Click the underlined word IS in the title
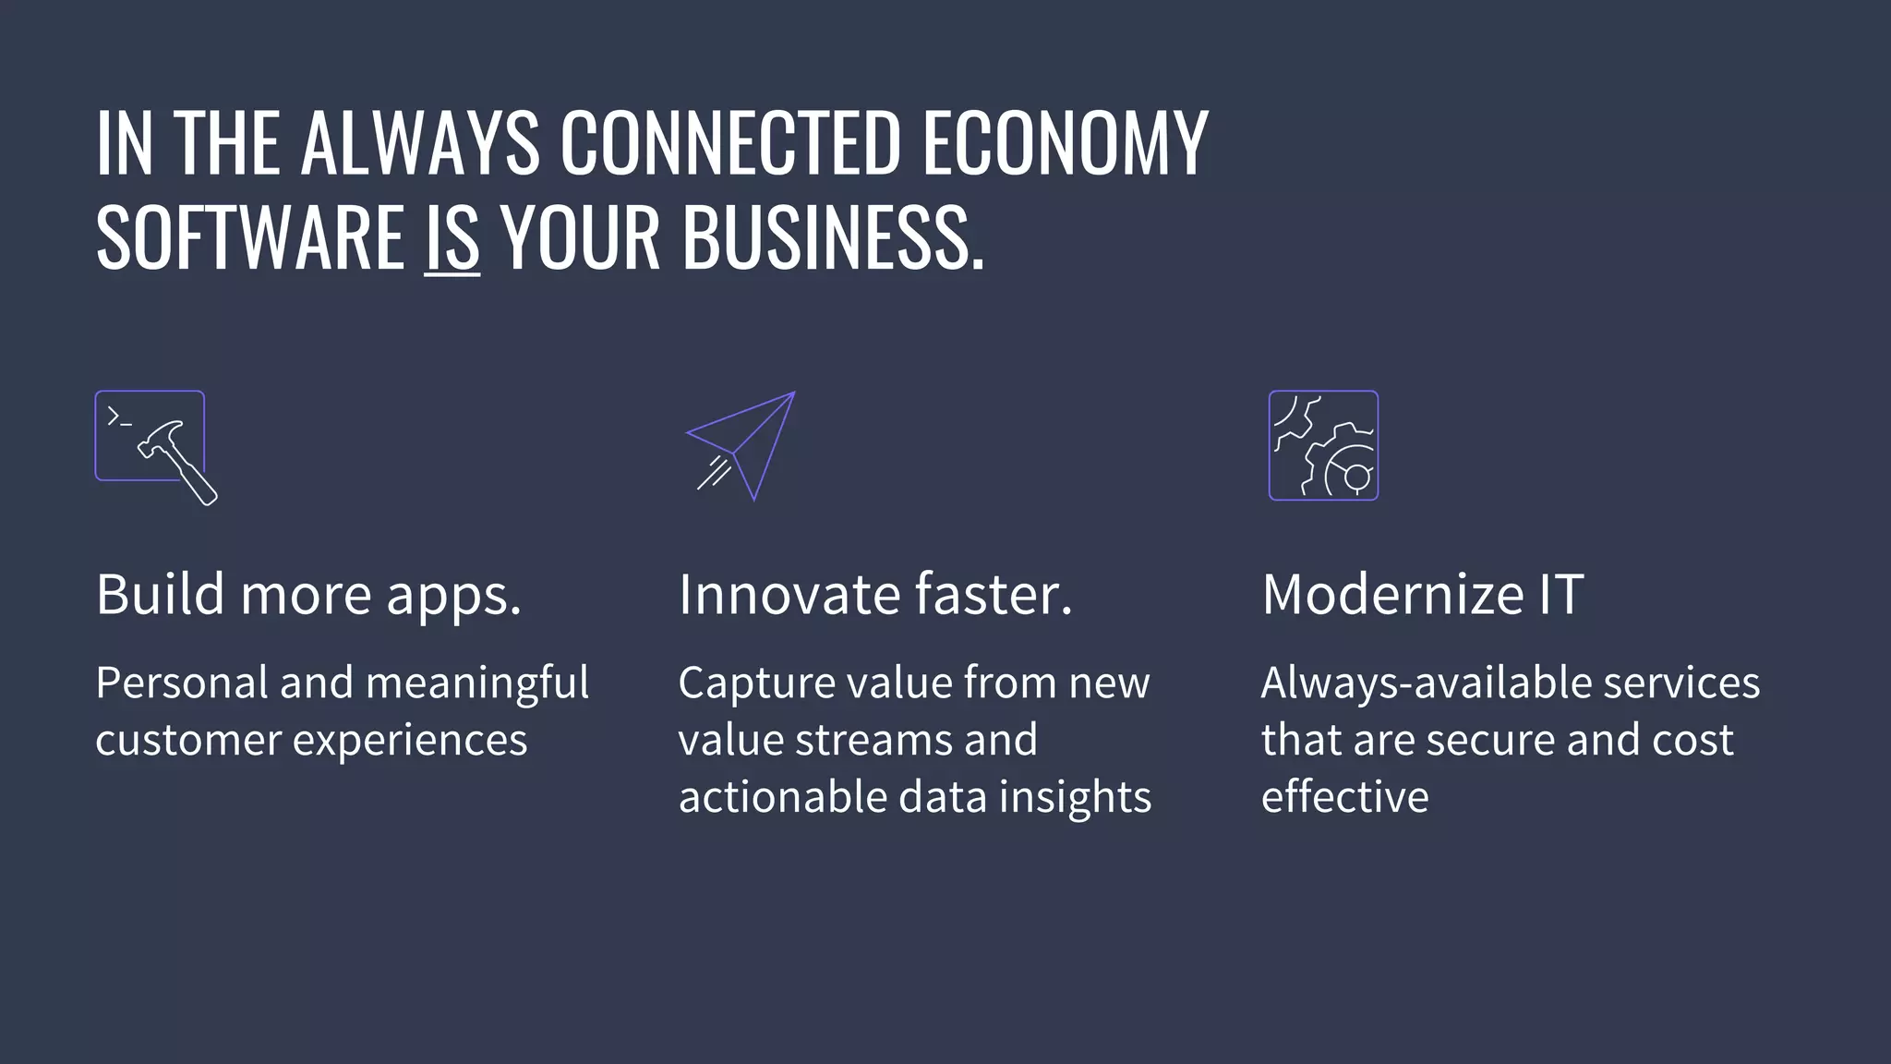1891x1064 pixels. [452, 237]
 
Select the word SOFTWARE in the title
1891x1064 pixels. [250, 237]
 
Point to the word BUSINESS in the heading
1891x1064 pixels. [825, 237]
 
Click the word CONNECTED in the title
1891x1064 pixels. [729, 143]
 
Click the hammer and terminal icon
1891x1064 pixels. [155, 446]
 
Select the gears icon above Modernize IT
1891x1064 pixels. [1323, 445]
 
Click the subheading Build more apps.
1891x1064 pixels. [308, 594]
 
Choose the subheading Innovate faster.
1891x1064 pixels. [875, 594]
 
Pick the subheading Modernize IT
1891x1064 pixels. [1422, 594]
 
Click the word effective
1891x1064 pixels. [1344, 797]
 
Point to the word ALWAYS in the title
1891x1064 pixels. [420, 143]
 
